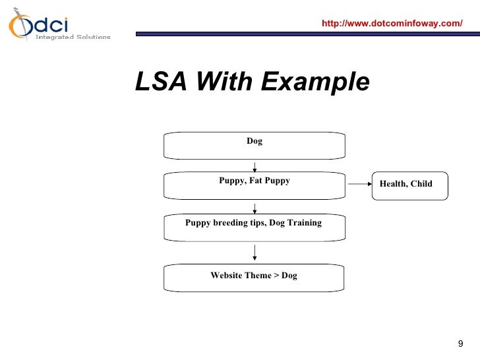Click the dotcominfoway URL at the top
point(392,24)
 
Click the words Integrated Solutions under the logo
point(73,38)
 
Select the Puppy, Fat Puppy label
point(255,181)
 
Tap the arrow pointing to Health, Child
point(359,184)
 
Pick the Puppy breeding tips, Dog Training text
point(253,223)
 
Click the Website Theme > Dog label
point(254,276)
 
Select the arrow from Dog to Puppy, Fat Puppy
point(255,167)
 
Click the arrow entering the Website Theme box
point(255,254)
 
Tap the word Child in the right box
point(421,184)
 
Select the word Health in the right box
point(393,184)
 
